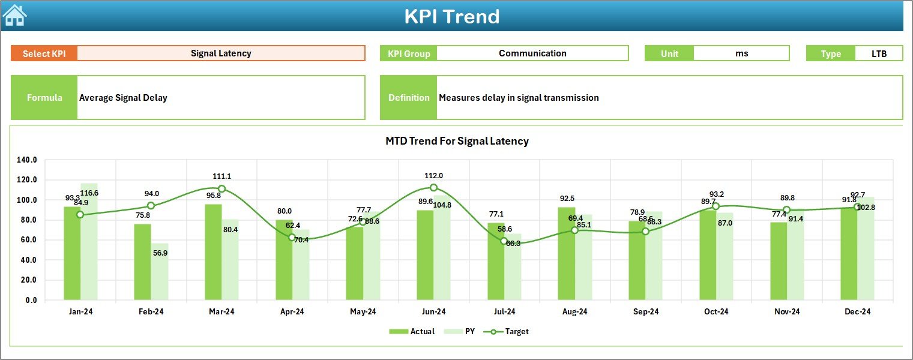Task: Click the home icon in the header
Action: pyautogui.click(x=14, y=15)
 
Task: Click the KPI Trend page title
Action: pyautogui.click(x=451, y=16)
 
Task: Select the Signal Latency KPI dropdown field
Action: pyautogui.click(x=221, y=53)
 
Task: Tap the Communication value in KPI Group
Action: pyautogui.click(x=532, y=53)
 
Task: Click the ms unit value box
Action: pyautogui.click(x=741, y=53)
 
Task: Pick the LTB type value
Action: pyautogui.click(x=879, y=53)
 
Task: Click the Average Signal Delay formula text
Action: pyautogui.click(x=123, y=98)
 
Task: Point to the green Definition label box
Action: pyautogui.click(x=409, y=98)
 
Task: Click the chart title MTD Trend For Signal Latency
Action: pyautogui.click(x=457, y=141)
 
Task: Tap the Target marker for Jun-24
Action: pyautogui.click(x=433, y=188)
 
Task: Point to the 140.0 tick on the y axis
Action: pyautogui.click(x=27, y=160)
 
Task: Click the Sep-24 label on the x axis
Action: pyautogui.click(x=645, y=311)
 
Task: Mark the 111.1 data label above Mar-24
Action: pyautogui.click(x=221, y=176)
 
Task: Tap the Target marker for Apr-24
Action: pyautogui.click(x=292, y=238)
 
